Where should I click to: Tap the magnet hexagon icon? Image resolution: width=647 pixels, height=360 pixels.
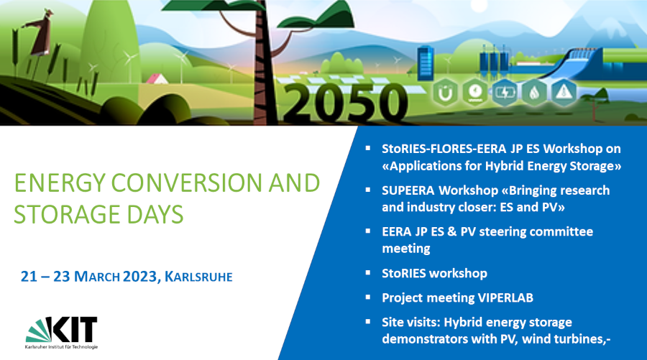point(445,93)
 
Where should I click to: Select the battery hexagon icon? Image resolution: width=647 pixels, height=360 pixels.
point(504,93)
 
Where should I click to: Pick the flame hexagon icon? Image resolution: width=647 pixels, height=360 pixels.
point(534,93)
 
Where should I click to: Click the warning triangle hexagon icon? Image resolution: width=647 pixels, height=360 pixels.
point(564,93)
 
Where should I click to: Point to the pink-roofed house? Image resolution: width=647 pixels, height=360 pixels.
point(157,78)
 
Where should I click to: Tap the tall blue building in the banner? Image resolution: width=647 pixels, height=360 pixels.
point(426,63)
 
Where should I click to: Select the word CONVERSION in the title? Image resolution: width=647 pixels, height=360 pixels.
point(187,183)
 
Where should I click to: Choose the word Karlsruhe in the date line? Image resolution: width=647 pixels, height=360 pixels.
point(198,277)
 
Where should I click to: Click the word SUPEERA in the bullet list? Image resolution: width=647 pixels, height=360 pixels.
point(408,190)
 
